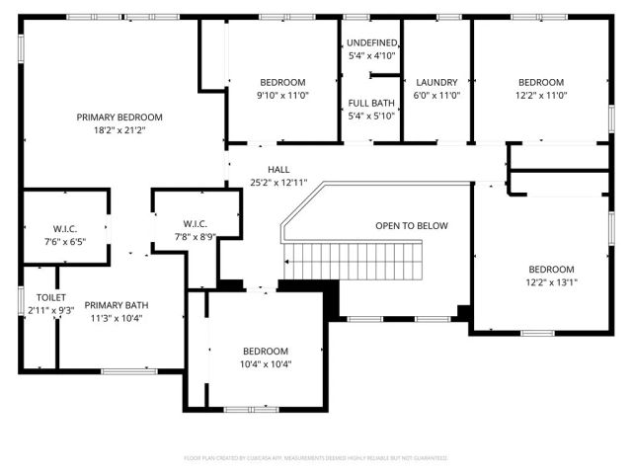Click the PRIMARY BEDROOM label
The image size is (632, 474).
(119, 117)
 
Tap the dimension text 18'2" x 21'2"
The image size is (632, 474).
(119, 129)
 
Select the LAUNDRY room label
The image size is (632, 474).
(436, 82)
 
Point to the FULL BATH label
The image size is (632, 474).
(371, 103)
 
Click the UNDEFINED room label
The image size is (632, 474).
(371, 43)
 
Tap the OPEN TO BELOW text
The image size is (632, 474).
(411, 226)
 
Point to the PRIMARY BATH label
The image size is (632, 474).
(116, 305)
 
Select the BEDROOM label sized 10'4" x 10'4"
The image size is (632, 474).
(266, 351)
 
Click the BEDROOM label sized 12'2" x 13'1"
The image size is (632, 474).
(550, 270)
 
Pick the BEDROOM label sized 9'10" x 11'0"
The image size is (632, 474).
(282, 82)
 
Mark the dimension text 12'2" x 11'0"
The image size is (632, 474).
(541, 95)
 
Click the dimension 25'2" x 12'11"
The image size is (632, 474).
(278, 183)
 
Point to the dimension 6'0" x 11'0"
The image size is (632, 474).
(436, 95)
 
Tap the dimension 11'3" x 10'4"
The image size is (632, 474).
(116, 318)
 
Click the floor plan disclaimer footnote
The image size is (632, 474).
(316, 458)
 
